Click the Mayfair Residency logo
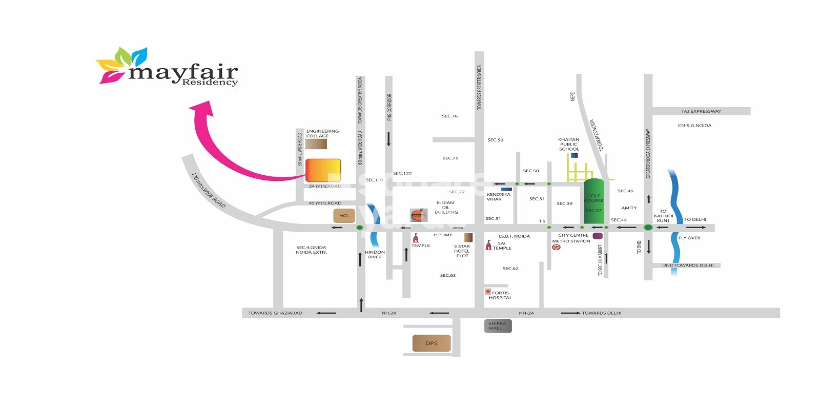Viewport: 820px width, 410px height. [167, 67]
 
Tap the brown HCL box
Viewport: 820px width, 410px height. [344, 216]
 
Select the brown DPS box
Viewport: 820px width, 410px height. [432, 343]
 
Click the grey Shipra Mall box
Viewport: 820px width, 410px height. [498, 326]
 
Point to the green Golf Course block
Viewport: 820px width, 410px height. [594, 201]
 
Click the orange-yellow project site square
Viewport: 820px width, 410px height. [323, 170]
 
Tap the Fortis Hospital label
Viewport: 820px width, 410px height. [500, 295]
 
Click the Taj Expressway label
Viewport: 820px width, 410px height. [701, 111]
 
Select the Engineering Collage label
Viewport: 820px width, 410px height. [322, 133]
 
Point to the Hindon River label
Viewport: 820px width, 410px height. [375, 255]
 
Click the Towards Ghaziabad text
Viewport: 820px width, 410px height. [275, 313]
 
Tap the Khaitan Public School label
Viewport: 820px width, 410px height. [568, 144]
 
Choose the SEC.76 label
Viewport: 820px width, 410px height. [449, 116]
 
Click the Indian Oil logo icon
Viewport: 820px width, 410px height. [418, 215]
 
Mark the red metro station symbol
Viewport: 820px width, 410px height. [556, 248]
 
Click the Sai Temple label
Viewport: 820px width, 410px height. [502, 245]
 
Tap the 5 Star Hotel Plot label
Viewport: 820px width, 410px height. [462, 251]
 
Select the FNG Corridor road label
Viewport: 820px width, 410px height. [389, 107]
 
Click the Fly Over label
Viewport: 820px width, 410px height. [689, 238]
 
